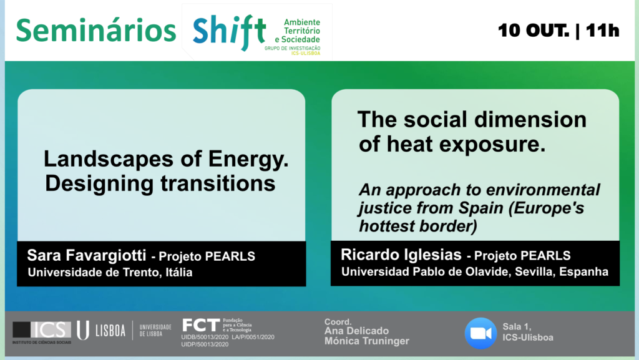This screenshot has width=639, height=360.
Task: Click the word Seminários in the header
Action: tap(95, 31)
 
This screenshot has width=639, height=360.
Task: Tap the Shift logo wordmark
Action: tap(230, 32)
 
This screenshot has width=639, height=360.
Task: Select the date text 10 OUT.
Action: tap(533, 31)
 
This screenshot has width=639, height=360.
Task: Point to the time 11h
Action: tap(603, 31)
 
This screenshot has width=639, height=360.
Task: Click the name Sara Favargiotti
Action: tap(86, 255)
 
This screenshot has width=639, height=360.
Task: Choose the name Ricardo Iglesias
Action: tap(401, 255)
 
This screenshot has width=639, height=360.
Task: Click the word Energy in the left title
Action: tap(248, 160)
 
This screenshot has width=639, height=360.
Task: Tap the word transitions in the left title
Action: tap(218, 183)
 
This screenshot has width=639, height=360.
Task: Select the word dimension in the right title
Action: tap(530, 120)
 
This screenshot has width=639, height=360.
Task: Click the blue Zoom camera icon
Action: tap(481, 334)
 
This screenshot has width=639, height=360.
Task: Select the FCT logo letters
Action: tap(201, 326)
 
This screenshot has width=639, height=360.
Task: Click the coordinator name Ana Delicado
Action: tap(356, 331)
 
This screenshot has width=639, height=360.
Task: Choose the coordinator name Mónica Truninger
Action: tap(367, 341)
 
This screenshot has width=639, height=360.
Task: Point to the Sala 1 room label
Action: tap(516, 327)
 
